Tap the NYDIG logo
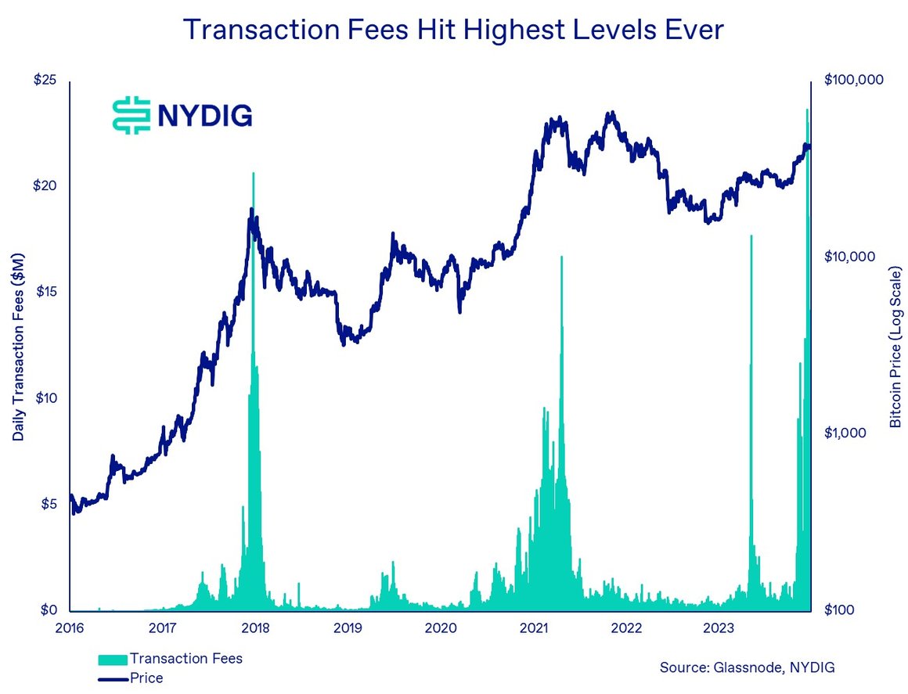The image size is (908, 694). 182,115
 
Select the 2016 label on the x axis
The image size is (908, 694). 70,627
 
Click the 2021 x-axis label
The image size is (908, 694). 533,627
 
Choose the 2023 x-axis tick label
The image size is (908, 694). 719,627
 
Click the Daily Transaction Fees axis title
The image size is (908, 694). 19,346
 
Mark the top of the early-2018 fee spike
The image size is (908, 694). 253,173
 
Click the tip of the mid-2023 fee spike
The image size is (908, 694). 751,235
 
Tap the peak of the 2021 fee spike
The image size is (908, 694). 561,257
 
